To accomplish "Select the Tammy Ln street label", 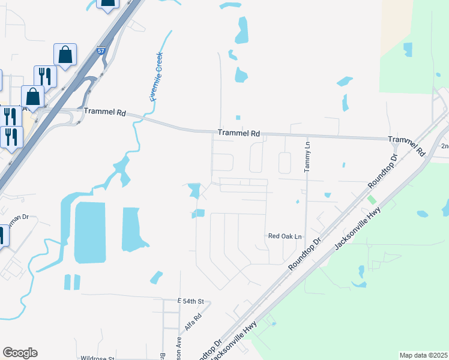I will point(307,157).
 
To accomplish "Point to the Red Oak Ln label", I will point(285,236).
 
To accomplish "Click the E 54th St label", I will point(191,301).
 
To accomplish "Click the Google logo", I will point(20,353).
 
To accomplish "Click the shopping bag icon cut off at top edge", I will point(108,5).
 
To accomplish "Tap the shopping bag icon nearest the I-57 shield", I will point(65,55).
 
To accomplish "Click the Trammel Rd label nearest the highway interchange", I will point(105,112).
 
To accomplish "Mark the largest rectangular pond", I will point(90,232).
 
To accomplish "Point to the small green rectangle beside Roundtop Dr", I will point(372,199).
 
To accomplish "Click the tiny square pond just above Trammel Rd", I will point(238,118).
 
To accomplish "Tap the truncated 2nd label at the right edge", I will point(444,146).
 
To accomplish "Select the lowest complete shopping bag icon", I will point(32,96).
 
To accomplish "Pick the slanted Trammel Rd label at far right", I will point(406,145).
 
